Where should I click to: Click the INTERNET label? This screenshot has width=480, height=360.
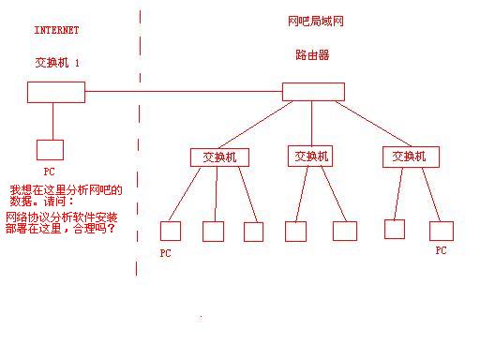[56, 30]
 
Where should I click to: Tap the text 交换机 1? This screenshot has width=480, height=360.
[57, 61]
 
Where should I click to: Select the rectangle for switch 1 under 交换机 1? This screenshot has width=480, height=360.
[56, 92]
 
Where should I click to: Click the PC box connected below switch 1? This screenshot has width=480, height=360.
[50, 149]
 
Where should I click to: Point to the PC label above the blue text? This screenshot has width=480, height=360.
[50, 172]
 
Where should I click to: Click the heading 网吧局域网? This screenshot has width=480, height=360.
[310, 20]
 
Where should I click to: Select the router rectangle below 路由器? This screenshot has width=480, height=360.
[313, 91]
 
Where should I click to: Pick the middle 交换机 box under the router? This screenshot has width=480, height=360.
[309, 157]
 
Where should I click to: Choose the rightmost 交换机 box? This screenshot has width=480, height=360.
[411, 157]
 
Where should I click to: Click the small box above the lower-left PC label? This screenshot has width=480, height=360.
[170, 231]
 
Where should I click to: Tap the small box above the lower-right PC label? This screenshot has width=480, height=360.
[442, 231]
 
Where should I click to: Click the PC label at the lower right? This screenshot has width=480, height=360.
[442, 251]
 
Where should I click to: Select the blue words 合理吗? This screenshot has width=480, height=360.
[94, 228]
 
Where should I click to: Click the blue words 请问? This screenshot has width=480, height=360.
[56, 201]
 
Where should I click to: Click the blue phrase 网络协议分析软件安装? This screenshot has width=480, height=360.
[62, 216]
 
